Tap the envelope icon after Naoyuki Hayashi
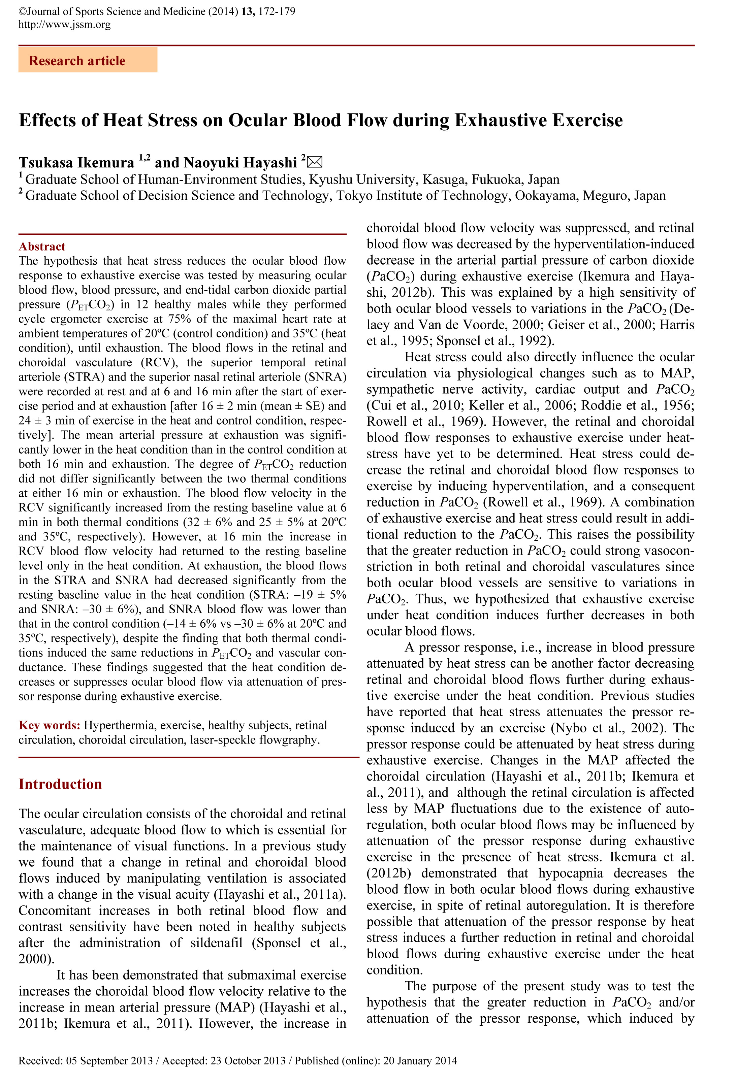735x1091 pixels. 315,162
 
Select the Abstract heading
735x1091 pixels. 42,246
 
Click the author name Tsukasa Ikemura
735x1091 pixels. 76,163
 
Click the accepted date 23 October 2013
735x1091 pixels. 248,1061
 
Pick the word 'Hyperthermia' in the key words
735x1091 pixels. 119,726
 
